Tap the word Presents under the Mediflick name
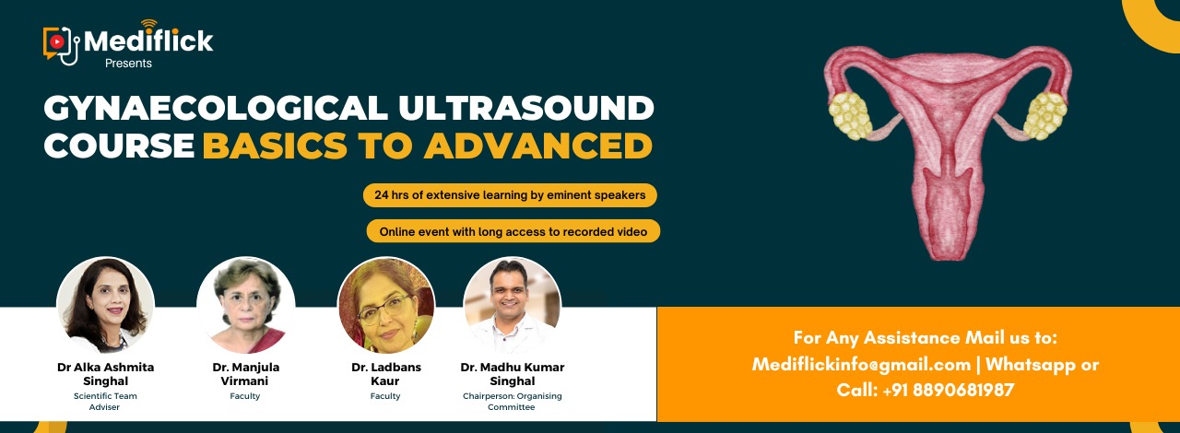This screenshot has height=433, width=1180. pos(128,64)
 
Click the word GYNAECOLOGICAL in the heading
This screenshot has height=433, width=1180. pos(216,108)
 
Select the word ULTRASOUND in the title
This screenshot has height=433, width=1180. pos(526,108)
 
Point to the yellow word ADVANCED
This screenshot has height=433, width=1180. pos(538,146)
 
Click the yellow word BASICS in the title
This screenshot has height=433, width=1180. pos(275,146)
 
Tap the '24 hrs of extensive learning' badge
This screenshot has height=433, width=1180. pos(510,195)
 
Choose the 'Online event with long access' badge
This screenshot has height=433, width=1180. pos(513,231)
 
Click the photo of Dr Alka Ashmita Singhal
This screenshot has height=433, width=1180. pos(105,305)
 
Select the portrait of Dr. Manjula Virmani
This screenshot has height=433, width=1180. pos(246,305)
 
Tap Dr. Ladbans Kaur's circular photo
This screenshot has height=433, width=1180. pos(386,305)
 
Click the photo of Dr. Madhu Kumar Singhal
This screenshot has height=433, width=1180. pos(512,305)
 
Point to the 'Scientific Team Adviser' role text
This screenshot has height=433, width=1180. pos(105,402)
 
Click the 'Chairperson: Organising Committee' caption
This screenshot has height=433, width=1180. pos(512,402)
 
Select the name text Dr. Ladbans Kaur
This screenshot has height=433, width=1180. pos(386,374)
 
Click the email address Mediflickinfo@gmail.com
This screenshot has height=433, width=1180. pos(861,364)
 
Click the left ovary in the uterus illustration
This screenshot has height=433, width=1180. pos(850,116)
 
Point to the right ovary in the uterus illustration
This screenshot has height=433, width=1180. pos(1045,116)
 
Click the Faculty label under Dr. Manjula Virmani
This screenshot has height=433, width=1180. pos(245,396)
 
